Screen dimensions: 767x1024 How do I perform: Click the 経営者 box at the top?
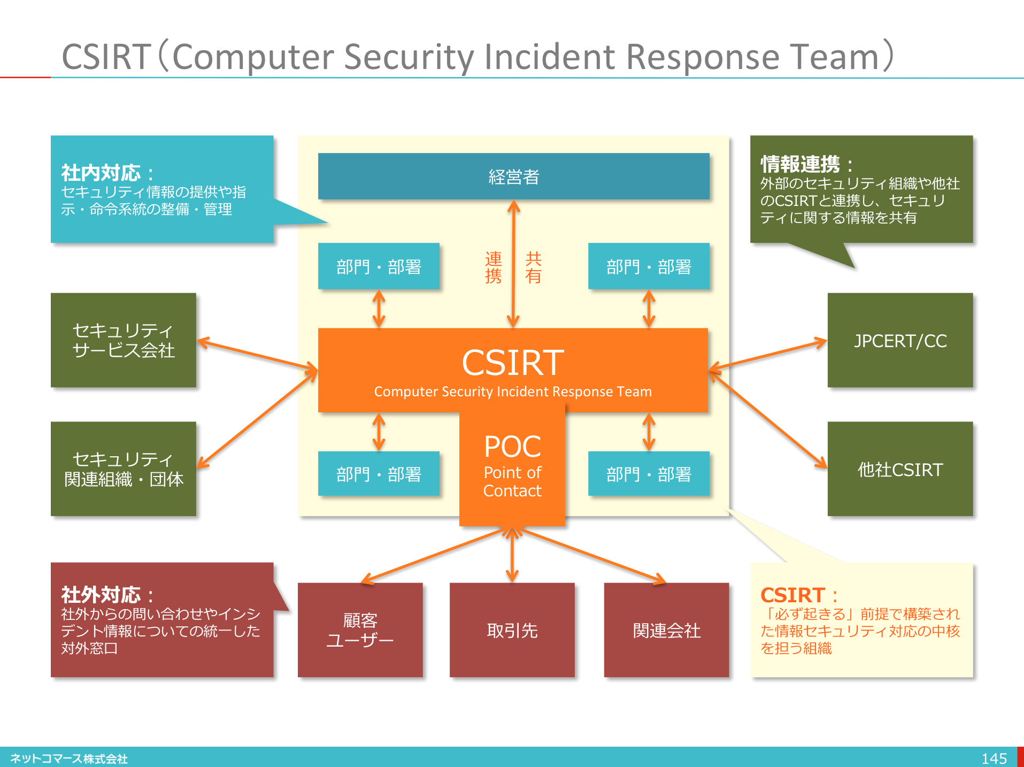pyautogui.click(x=513, y=177)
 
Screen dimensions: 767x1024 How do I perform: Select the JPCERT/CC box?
pyautogui.click(x=900, y=340)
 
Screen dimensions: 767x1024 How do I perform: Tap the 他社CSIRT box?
pyautogui.click(x=900, y=469)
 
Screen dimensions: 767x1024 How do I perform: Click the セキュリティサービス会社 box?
pyautogui.click(x=124, y=340)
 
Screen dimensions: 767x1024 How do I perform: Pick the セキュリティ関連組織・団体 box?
pyautogui.click(x=124, y=469)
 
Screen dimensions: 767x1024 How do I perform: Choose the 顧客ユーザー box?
pyautogui.click(x=360, y=630)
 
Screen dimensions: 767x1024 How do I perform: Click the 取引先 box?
pyautogui.click(x=512, y=630)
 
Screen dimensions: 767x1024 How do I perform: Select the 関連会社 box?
pyautogui.click(x=666, y=630)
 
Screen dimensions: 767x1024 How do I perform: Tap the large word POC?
pyautogui.click(x=512, y=447)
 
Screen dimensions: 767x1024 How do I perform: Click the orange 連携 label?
pyautogui.click(x=493, y=267)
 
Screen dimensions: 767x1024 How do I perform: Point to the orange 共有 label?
pyautogui.click(x=533, y=267)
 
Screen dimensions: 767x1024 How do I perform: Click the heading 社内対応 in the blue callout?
pyautogui.click(x=101, y=173)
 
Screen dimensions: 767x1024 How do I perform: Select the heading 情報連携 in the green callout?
pyautogui.click(x=800, y=164)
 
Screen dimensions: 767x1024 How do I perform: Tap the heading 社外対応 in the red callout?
pyautogui.click(x=101, y=595)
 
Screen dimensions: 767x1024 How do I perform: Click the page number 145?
pyautogui.click(x=994, y=758)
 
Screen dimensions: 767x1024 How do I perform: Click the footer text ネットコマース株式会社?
pyautogui.click(x=69, y=758)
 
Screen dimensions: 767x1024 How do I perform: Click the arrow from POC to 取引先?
pyautogui.click(x=512, y=554)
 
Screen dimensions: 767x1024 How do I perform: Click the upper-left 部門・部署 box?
pyautogui.click(x=379, y=266)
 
